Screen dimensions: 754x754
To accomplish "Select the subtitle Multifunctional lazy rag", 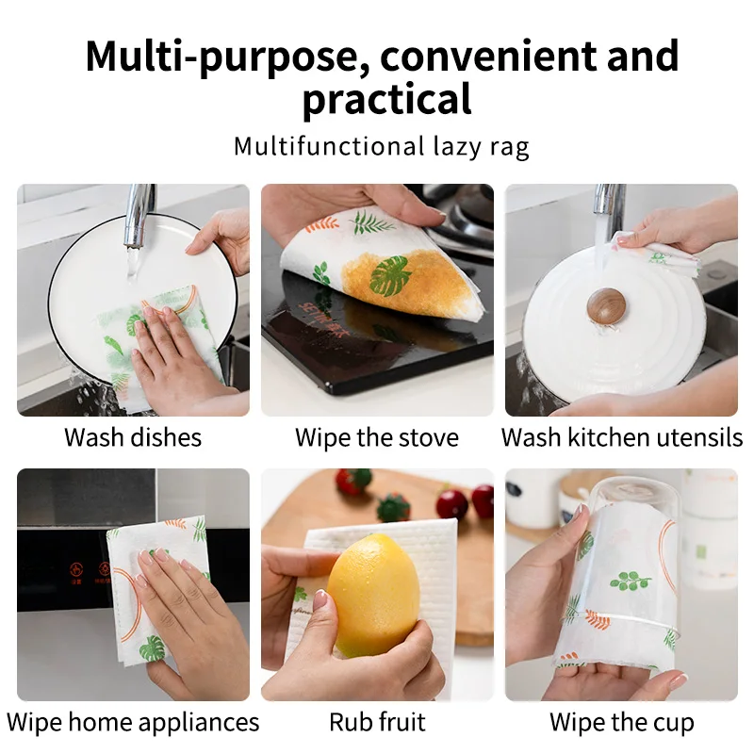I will [x=382, y=147].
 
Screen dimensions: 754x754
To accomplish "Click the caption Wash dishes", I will [x=133, y=437].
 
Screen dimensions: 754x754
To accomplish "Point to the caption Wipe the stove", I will [x=377, y=437].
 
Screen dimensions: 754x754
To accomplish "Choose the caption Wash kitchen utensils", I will [x=622, y=437].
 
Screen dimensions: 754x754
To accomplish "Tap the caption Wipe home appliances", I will [x=133, y=723].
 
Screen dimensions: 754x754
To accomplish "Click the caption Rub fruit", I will [x=377, y=723].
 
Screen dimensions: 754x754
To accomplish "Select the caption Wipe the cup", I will [x=622, y=723].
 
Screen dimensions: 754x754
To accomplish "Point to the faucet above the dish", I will [x=140, y=212].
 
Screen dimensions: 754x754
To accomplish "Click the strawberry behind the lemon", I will [x=354, y=482].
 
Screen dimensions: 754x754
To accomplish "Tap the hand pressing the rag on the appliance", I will [x=184, y=613].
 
